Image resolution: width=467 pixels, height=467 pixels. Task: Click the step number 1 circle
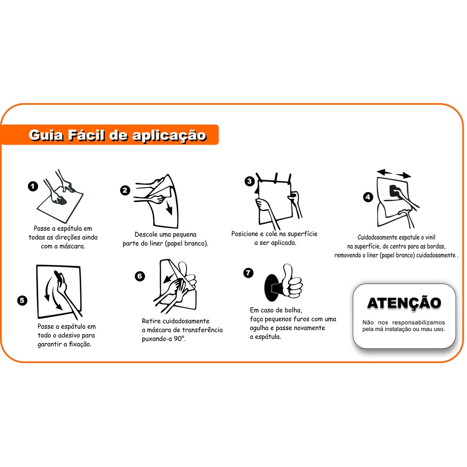[x=33, y=187]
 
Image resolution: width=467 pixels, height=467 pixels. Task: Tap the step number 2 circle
[x=125, y=190]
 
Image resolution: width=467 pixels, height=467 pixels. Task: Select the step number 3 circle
[x=249, y=181]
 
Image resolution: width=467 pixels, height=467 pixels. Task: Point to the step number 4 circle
[x=368, y=197]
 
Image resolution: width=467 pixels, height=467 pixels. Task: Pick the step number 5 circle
[x=22, y=300]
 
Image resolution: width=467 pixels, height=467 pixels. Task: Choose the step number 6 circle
[x=140, y=276]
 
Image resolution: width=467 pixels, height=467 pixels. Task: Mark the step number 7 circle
[x=248, y=273]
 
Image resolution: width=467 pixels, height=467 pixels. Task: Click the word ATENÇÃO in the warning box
[x=404, y=303]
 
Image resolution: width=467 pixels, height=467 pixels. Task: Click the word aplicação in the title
[x=169, y=136]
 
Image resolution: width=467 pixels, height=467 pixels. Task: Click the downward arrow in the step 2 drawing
[x=169, y=208]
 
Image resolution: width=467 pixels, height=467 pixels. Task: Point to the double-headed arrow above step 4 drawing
[x=394, y=173]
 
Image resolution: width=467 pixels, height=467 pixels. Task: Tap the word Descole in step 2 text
[x=145, y=234]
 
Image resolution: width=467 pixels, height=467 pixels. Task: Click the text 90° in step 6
[x=180, y=339]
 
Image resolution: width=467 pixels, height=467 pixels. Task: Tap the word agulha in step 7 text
[x=259, y=328]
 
